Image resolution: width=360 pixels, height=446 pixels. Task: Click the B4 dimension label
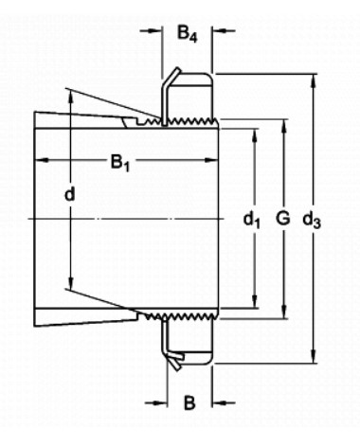188,34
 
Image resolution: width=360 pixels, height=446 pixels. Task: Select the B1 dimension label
120,163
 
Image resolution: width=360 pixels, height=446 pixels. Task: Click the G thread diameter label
282,218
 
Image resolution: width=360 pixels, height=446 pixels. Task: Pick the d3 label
312,220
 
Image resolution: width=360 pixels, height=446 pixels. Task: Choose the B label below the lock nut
189,402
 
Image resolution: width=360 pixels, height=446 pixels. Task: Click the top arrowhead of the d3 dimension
315,80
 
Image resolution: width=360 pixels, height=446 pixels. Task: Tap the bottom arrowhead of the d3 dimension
315,356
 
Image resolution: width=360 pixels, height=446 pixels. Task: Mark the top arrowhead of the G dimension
285,126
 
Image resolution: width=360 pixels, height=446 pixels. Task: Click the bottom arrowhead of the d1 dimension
255,300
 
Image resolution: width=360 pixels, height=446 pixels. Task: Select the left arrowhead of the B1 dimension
41,160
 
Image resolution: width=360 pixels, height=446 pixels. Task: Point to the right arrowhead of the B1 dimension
211,160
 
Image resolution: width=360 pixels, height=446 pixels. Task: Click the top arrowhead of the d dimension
71,96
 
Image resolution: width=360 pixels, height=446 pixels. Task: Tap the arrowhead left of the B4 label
155,31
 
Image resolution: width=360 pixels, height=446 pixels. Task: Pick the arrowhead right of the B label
219,402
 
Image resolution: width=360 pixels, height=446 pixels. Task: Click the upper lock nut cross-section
189,96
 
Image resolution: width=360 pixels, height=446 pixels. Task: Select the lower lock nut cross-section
189,342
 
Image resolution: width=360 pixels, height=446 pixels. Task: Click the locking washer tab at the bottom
173,360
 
